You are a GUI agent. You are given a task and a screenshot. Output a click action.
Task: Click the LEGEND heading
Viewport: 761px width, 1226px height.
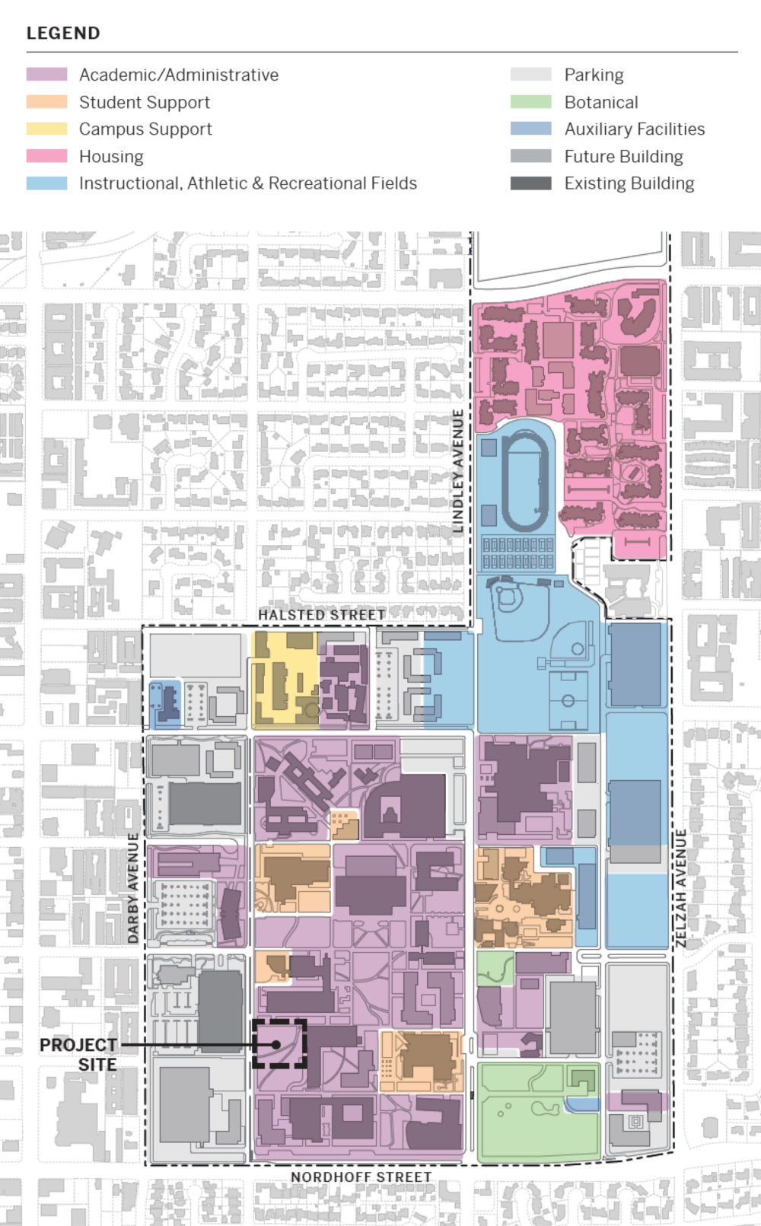point(63,33)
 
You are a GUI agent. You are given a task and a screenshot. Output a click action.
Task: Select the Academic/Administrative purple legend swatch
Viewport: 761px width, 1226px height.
point(46,75)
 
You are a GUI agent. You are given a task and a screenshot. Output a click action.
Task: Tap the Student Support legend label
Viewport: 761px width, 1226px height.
point(144,102)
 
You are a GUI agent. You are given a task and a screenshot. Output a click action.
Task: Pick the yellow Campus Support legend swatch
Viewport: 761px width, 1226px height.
point(46,129)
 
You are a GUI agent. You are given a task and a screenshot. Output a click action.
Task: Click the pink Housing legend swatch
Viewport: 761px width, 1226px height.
point(46,156)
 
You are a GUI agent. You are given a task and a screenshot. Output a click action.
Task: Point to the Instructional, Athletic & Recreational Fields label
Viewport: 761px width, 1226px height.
point(247,183)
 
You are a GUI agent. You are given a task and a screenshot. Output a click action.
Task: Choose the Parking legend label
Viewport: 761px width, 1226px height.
point(594,75)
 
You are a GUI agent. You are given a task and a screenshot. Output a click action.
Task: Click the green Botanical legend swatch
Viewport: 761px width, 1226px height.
point(530,102)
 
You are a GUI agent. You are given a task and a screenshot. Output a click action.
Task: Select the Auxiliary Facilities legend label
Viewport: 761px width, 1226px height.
point(634,129)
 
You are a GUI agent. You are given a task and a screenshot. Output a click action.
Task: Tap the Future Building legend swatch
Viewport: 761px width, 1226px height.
point(530,156)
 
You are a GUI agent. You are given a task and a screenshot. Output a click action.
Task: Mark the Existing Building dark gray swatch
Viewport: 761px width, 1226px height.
point(530,183)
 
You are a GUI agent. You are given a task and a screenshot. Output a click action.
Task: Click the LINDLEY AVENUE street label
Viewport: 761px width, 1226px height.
point(458,470)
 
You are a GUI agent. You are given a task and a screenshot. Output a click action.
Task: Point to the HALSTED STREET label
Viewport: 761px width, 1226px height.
point(321,614)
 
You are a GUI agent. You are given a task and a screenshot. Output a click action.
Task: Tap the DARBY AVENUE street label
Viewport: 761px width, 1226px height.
point(134,888)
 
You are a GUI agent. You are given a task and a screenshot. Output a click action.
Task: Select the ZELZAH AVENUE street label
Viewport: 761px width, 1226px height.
point(680,888)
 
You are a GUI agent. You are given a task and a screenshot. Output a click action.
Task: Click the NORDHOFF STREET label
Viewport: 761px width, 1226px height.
point(361,1177)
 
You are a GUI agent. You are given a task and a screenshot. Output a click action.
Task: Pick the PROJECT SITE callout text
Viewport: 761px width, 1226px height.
point(79,1054)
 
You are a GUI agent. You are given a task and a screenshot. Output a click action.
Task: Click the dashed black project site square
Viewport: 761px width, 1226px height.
point(279,1044)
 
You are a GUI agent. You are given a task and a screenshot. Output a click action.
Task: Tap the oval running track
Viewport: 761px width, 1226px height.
point(525,481)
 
